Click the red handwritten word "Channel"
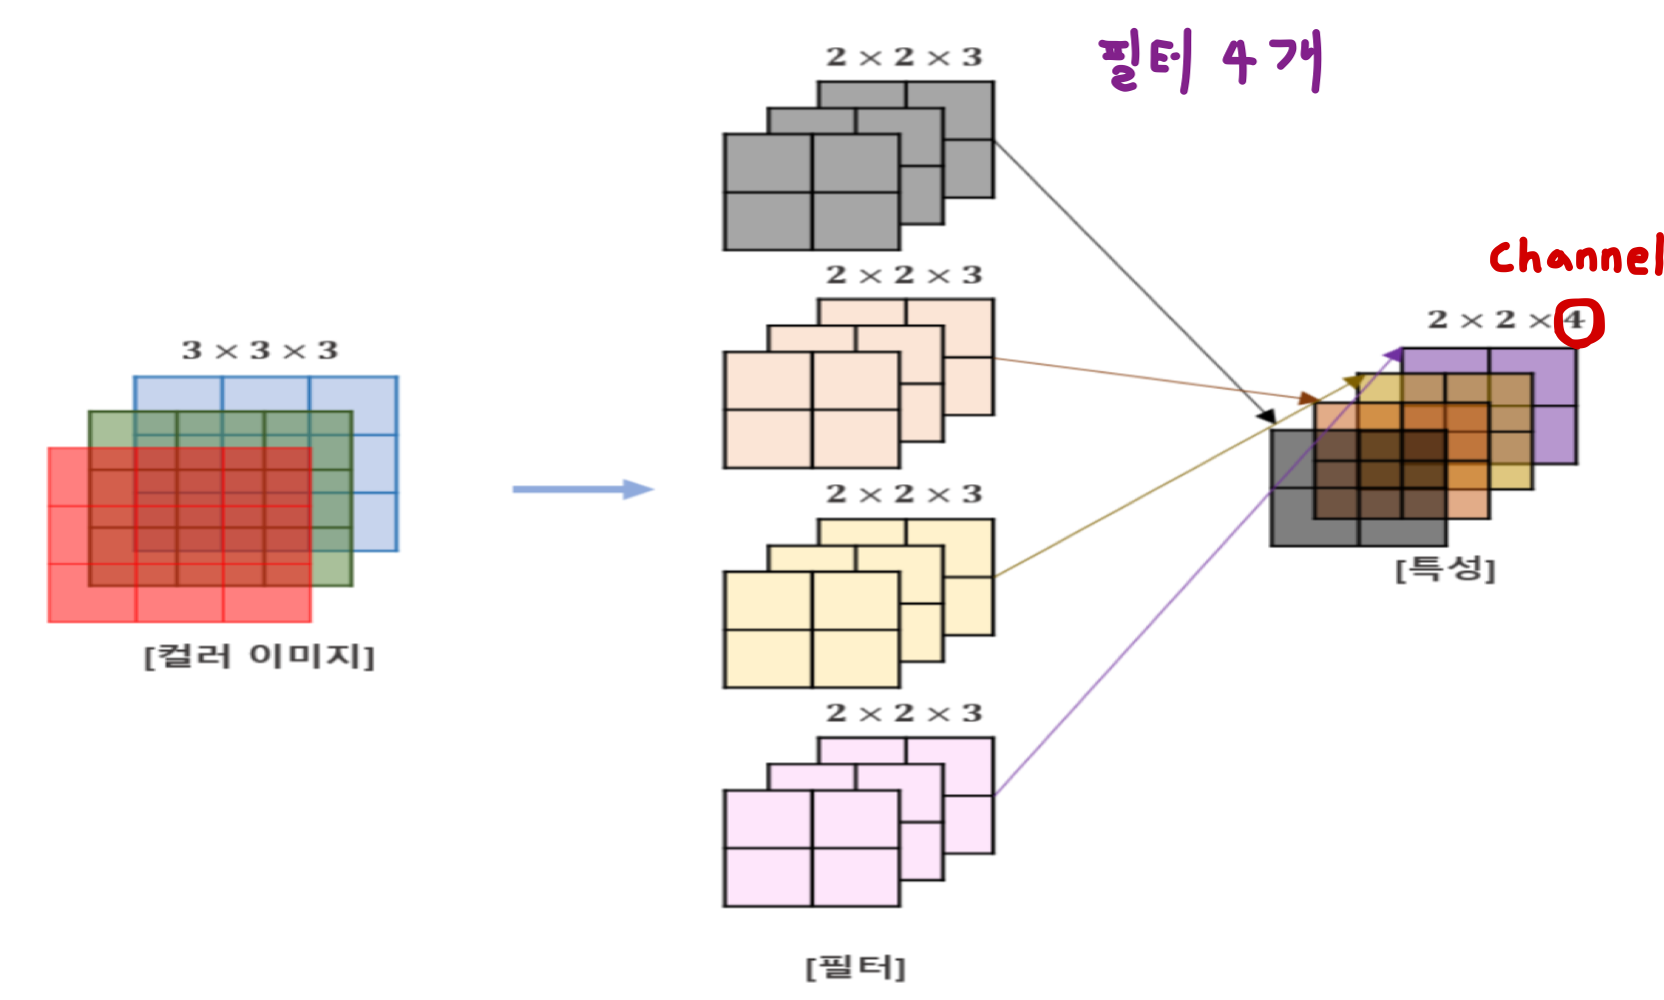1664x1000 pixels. coord(1575,257)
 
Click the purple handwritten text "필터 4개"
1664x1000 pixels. coord(1209,61)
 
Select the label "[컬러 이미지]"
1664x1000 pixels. coord(259,657)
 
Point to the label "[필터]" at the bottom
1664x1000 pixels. coord(855,967)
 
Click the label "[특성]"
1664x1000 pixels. coord(1444,570)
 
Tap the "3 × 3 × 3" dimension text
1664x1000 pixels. coord(260,351)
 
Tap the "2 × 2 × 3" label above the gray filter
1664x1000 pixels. coord(903,58)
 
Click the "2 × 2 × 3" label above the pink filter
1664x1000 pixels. coord(903,713)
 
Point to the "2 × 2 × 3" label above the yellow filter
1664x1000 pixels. coord(903,494)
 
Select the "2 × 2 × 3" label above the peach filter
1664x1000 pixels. coord(903,275)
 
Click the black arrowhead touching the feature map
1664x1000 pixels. coord(1266,415)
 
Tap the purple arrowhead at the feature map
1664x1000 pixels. coord(1393,354)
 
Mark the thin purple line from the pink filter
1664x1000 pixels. coord(1149,620)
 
